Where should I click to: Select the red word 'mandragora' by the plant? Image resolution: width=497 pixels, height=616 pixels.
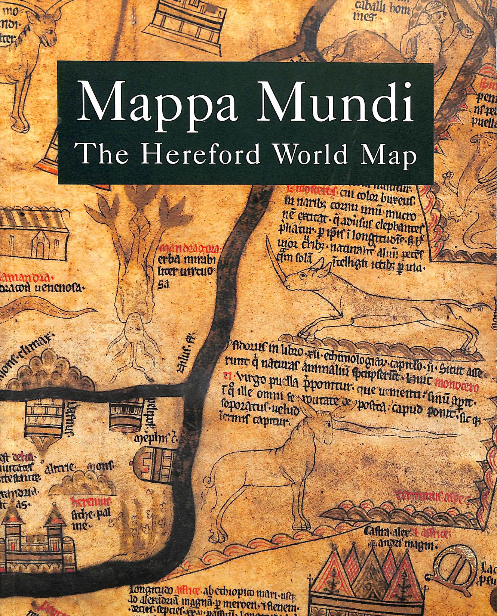[190, 248]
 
